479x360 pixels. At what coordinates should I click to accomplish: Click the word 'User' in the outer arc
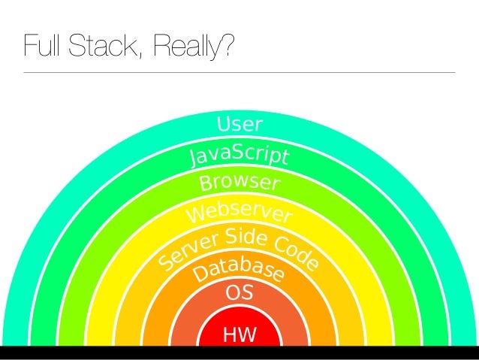click(239, 124)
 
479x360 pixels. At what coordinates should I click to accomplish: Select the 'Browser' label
click(239, 183)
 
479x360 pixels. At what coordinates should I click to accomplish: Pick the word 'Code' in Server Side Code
click(295, 253)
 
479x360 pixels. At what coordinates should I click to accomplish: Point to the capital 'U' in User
click(224, 124)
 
